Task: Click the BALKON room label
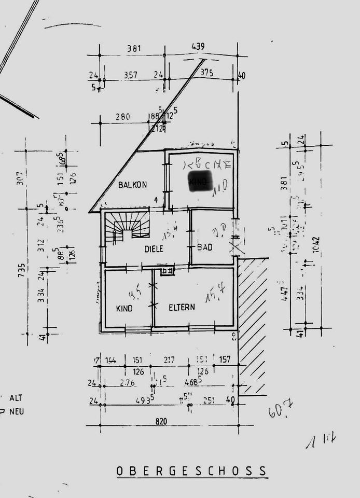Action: (132, 184)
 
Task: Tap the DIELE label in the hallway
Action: (154, 249)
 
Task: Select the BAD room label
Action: (204, 247)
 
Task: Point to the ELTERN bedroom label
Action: (182, 307)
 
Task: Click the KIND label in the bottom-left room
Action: (124, 308)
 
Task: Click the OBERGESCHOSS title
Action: (192, 471)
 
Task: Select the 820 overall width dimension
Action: (161, 422)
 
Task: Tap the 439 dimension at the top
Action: (198, 46)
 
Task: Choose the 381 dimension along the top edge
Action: (134, 49)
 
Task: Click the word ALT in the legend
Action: (16, 398)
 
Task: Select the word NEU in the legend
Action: (17, 412)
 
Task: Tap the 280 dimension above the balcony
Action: (123, 117)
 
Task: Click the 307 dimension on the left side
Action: (22, 179)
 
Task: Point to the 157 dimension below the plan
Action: (225, 359)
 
